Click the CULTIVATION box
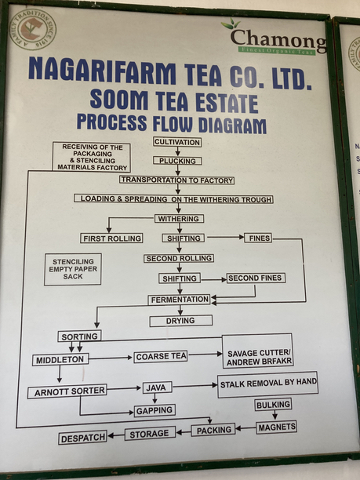tap(177, 142)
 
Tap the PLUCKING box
tap(177, 161)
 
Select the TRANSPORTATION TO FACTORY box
tap(177, 180)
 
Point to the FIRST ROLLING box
tap(112, 238)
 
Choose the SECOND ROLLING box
tap(178, 258)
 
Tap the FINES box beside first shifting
tap(258, 238)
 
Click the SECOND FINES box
tap(256, 278)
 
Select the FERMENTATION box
tap(180, 300)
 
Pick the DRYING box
tap(180, 321)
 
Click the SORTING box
tap(79, 336)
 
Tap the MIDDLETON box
tap(60, 360)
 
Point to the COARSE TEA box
tap(161, 356)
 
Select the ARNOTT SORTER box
tap(67, 391)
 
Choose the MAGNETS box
tap(276, 427)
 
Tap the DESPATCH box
tap(82, 438)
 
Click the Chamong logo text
tap(278, 38)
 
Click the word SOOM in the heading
tap(118, 100)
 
